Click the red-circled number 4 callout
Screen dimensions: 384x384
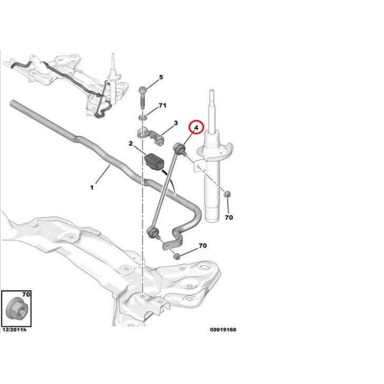pyautogui.click(x=196, y=127)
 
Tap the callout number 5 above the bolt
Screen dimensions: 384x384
pyautogui.click(x=161, y=77)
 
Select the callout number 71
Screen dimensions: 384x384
pyautogui.click(x=162, y=105)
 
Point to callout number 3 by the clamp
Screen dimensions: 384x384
pyautogui.click(x=176, y=123)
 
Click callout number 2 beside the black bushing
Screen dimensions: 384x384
pyautogui.click(x=131, y=144)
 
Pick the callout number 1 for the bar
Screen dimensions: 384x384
pyautogui.click(x=92, y=187)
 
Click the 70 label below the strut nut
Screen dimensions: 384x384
pyautogui.click(x=229, y=217)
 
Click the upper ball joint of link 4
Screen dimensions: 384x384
pyautogui.click(x=179, y=148)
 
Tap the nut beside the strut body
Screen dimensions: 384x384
pyautogui.click(x=227, y=194)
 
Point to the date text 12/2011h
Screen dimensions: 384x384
pyautogui.click(x=15, y=330)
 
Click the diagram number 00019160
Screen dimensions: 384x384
pyautogui.click(x=223, y=330)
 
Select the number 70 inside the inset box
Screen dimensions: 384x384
pyautogui.click(x=26, y=294)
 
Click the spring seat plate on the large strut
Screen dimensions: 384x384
pyautogui.click(x=215, y=151)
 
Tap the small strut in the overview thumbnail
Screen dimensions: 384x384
pyautogui.click(x=113, y=81)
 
